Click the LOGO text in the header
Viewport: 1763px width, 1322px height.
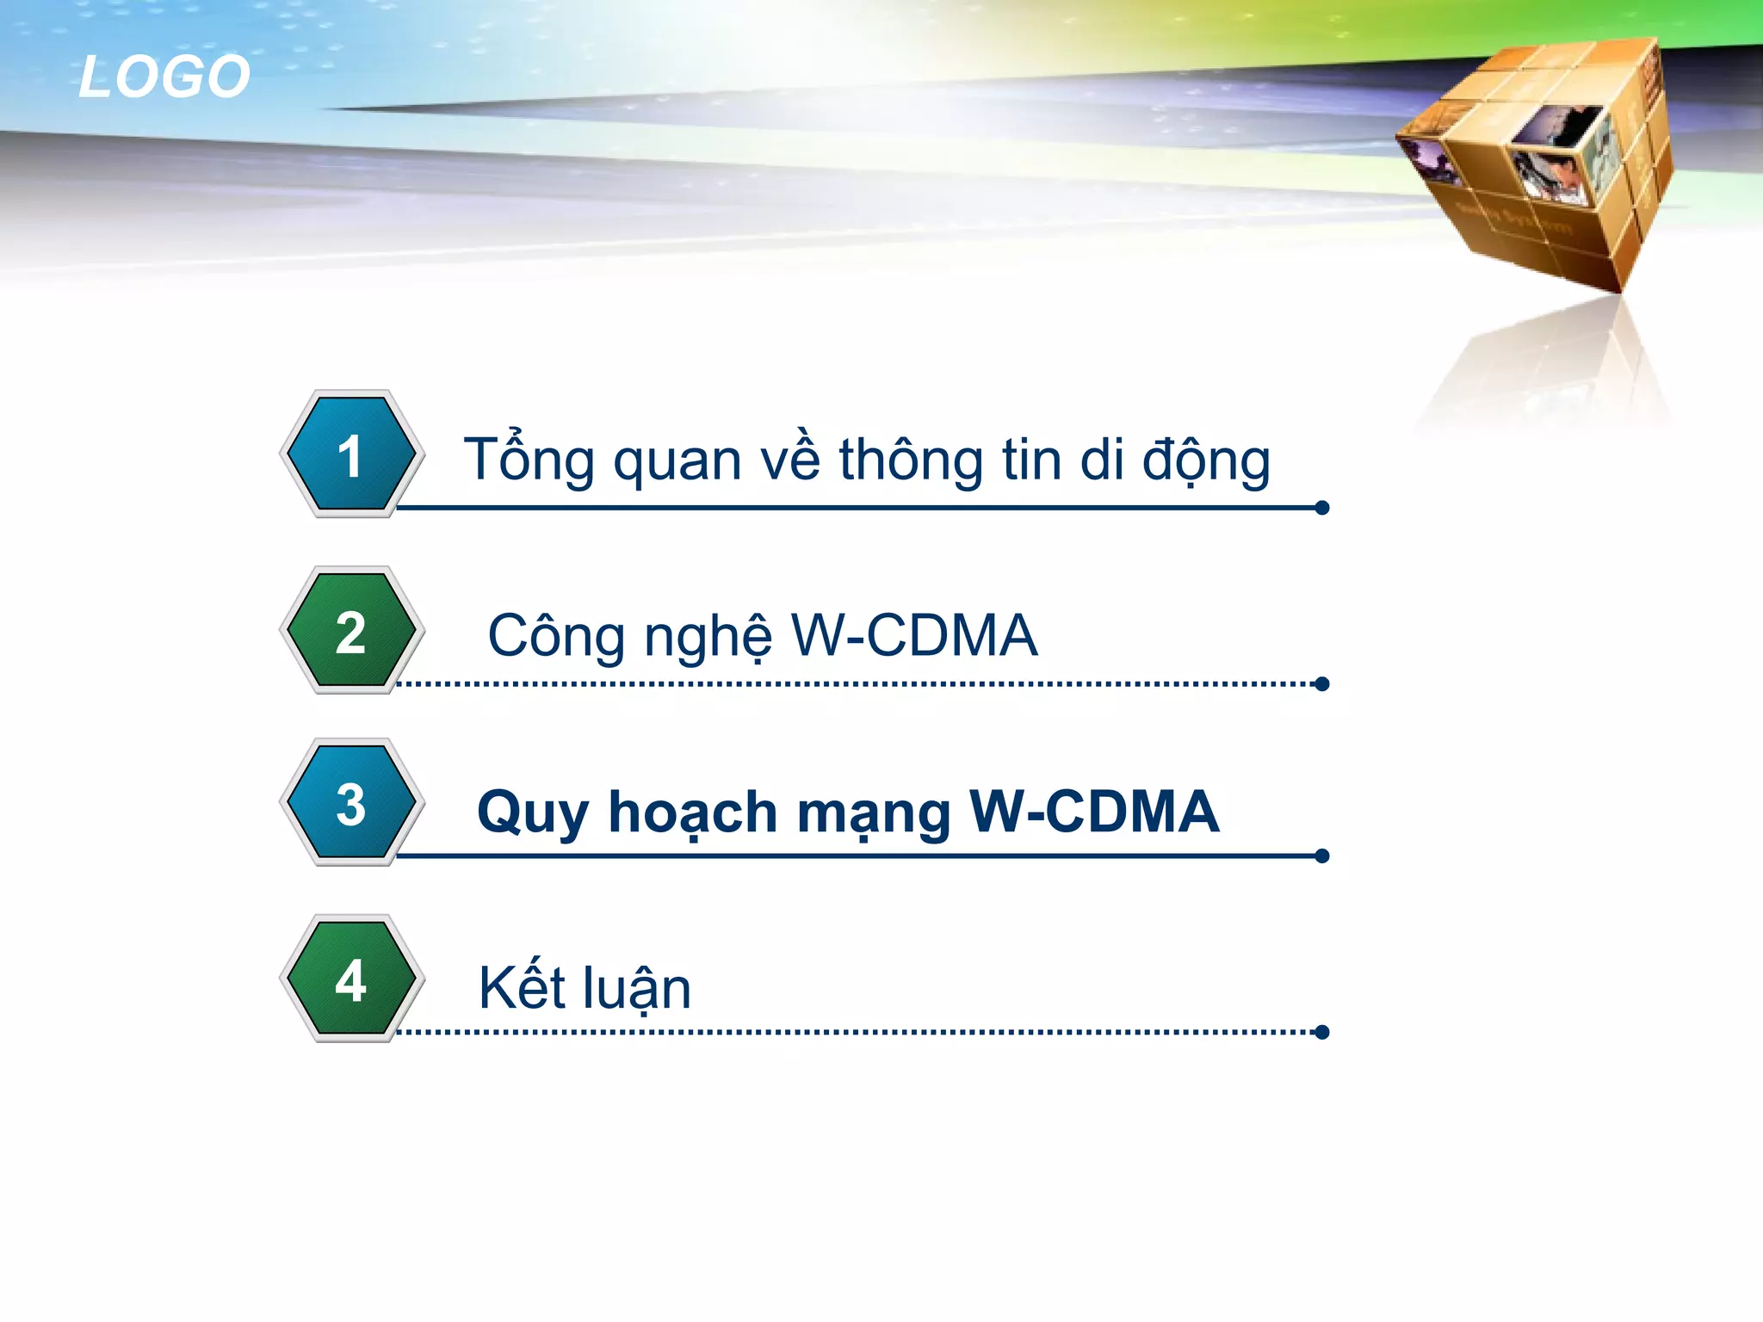pyautogui.click(x=164, y=77)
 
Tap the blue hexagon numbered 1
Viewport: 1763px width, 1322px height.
pyautogui.click(x=351, y=454)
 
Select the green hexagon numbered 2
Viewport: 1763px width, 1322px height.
pyautogui.click(x=351, y=630)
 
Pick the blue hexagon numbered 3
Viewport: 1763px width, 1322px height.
pyautogui.click(x=351, y=802)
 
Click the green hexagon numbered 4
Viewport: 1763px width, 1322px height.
pyautogui.click(x=351, y=979)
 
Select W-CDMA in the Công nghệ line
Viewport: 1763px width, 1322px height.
pyautogui.click(x=914, y=635)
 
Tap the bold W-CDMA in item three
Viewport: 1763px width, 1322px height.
pyautogui.click(x=1093, y=811)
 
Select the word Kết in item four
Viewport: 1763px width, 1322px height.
pyautogui.click(x=516, y=986)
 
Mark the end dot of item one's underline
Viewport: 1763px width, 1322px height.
pyautogui.click(x=1322, y=508)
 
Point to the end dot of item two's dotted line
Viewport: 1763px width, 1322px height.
pyautogui.click(x=1322, y=684)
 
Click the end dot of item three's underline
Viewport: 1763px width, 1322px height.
pyautogui.click(x=1322, y=856)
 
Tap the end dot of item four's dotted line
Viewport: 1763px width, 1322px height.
pyautogui.click(x=1322, y=1032)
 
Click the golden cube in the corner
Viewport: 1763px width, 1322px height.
pyautogui.click(x=1541, y=164)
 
